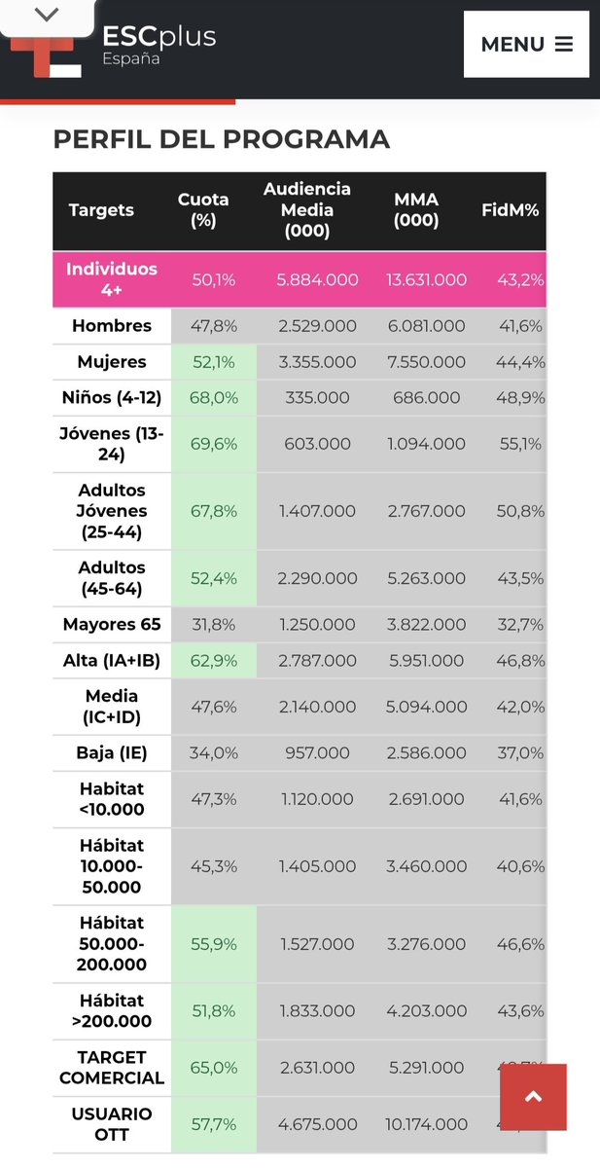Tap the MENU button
(526, 44)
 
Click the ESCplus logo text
(159, 37)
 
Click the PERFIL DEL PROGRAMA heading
(221, 139)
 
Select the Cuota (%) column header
(203, 209)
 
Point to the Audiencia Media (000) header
(307, 209)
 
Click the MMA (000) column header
(416, 209)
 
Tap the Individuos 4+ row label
(112, 279)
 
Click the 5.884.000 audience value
(317, 279)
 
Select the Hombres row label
(112, 326)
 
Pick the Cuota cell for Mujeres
(214, 362)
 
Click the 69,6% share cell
(214, 444)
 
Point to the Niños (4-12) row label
(112, 398)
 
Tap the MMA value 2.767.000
(426, 511)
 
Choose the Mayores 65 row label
(112, 625)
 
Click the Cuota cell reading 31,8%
(214, 625)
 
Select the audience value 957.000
(317, 753)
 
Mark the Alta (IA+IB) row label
(112, 661)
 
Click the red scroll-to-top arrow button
(533, 1097)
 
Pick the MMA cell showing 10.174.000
(426, 1124)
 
